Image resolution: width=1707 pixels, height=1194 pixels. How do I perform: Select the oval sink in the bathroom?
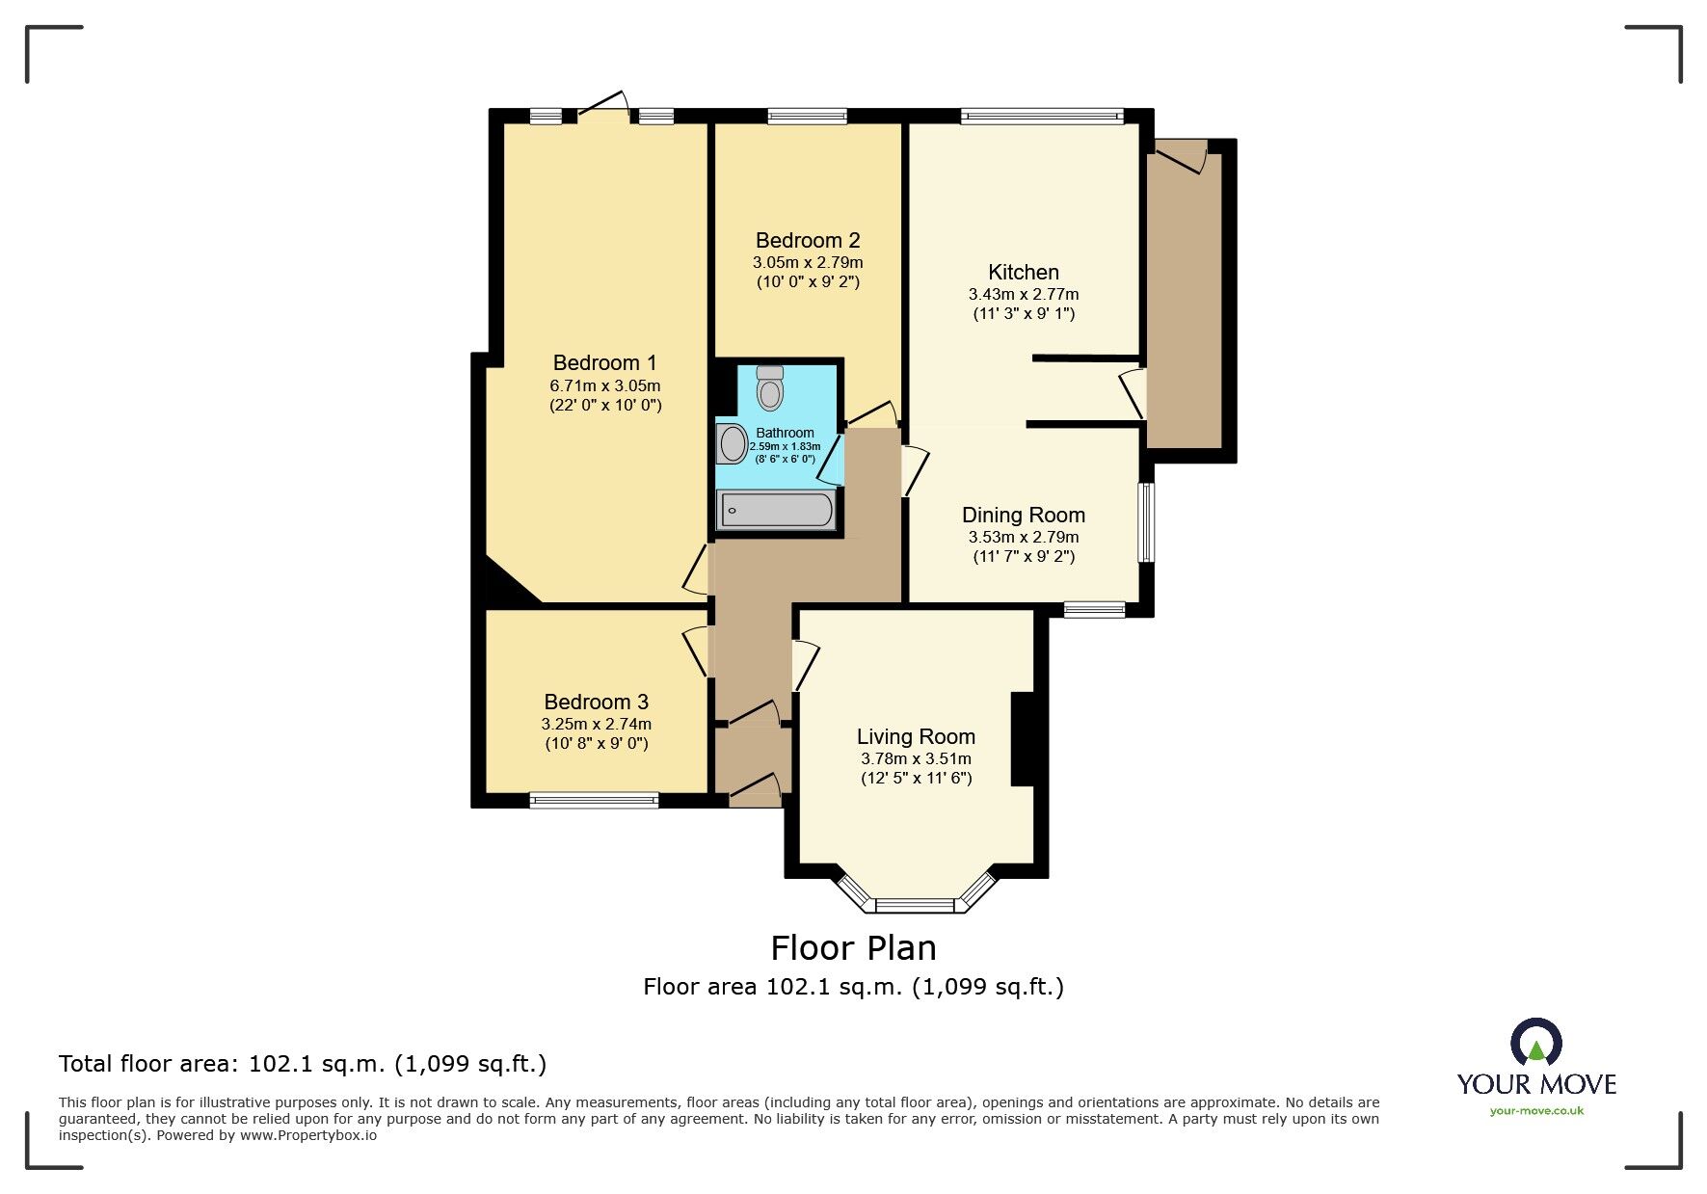tap(733, 444)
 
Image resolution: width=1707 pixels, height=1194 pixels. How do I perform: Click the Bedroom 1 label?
tap(604, 363)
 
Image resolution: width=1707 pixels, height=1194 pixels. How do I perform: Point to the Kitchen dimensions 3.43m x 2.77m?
tap(1023, 294)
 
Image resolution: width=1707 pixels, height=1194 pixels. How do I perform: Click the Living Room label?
tap(916, 737)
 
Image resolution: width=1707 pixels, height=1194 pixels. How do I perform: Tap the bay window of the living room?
tap(914, 903)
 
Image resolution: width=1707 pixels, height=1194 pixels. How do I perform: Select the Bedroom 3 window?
tap(594, 800)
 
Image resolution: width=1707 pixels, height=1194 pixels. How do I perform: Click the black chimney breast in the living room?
tap(1023, 739)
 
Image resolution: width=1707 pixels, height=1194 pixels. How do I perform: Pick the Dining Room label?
tap(1023, 516)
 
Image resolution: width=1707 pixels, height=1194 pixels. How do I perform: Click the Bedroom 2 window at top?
tap(808, 117)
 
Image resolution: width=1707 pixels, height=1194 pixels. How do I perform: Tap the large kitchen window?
tap(1042, 117)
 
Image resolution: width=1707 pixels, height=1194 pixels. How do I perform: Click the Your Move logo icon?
tap(1535, 1045)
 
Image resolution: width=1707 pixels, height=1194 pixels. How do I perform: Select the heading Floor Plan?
tap(853, 948)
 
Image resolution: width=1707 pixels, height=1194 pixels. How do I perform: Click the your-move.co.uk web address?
tap(1536, 1111)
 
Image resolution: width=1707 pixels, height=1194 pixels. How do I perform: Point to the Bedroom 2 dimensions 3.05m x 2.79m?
tap(807, 262)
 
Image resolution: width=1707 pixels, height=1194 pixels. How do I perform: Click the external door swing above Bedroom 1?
tap(604, 106)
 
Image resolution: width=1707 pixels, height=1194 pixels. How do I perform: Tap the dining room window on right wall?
tap(1145, 521)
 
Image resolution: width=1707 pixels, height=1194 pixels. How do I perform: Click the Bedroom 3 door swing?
tap(697, 650)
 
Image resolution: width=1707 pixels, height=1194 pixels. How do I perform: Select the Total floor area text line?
tap(303, 1064)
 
